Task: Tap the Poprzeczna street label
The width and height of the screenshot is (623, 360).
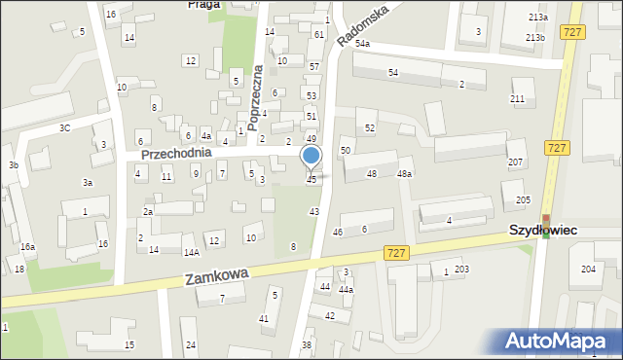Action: point(257,97)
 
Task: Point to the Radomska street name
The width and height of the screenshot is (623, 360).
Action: point(363,24)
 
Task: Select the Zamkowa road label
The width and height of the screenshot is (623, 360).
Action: point(216,278)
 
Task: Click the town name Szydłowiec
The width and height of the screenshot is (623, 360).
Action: point(545,230)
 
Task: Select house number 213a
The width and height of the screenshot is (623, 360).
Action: point(537,18)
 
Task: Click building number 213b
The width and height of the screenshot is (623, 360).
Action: point(535,37)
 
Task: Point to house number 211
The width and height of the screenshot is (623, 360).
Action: point(517,99)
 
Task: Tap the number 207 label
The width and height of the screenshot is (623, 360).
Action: point(516,162)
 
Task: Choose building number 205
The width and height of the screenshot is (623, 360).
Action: point(523,199)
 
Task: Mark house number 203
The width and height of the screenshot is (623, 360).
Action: point(461,270)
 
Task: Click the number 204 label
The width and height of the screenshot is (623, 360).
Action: point(588,270)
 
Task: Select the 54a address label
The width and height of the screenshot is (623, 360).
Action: point(362,44)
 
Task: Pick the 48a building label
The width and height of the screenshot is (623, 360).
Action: point(404,174)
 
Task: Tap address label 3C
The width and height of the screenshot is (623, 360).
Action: point(64,127)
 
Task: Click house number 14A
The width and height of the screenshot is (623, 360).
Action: point(192,252)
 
